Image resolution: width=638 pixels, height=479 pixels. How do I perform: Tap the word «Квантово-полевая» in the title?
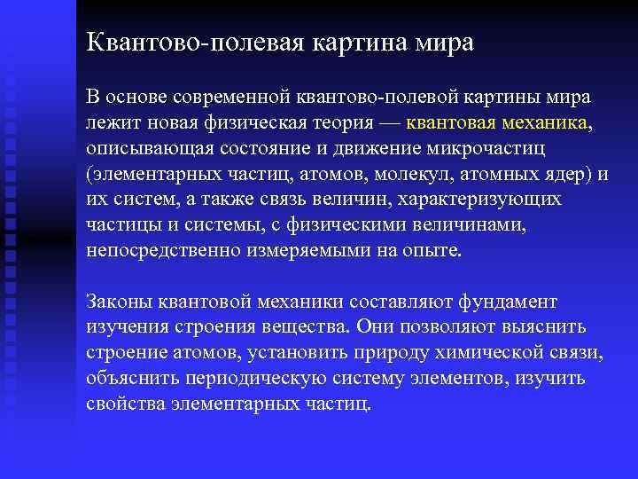pyautogui.click(x=191, y=43)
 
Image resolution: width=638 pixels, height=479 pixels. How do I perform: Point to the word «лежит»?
pyautogui.click(x=110, y=122)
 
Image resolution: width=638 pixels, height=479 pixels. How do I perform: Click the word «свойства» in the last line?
pyautogui.click(x=122, y=404)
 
